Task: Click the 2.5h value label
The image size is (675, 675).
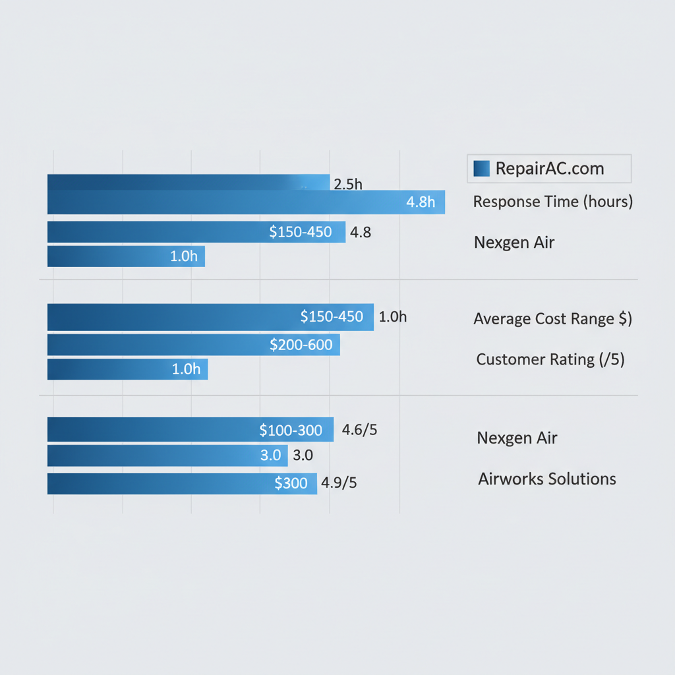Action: [x=348, y=184]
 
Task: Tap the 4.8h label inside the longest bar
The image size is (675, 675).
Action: [x=421, y=202]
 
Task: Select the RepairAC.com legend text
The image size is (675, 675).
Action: [x=549, y=168]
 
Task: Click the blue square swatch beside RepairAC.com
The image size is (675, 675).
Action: [x=481, y=168]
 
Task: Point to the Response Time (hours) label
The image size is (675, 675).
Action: [x=552, y=202]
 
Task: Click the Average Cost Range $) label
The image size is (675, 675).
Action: [x=552, y=319]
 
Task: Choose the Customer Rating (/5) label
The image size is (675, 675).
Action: [x=550, y=359]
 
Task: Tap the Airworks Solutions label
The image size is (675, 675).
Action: [x=546, y=479]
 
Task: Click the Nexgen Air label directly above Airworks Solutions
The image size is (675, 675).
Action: [x=517, y=438]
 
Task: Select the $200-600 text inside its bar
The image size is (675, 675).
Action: [x=301, y=344]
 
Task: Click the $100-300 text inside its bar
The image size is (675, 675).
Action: [x=291, y=430]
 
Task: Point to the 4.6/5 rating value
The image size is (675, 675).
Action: [x=360, y=430]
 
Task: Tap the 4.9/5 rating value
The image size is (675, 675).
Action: [x=339, y=483]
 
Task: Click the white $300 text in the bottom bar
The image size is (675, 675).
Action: [x=291, y=483]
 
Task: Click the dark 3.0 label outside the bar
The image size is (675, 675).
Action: [x=302, y=455]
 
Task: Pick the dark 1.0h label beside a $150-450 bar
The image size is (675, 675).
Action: [x=393, y=317]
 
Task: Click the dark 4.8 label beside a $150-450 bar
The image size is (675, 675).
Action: [x=361, y=232]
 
